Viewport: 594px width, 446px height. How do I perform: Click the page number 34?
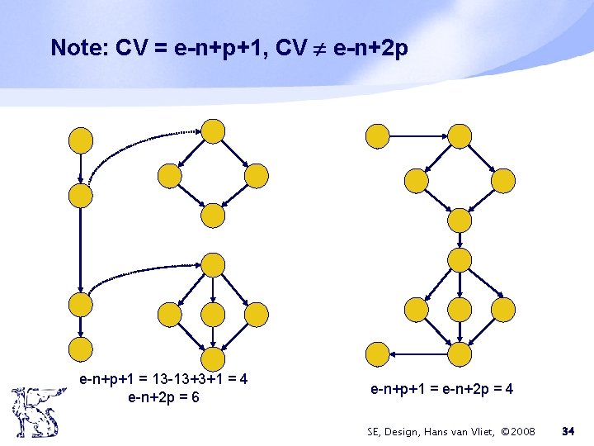coord(568,431)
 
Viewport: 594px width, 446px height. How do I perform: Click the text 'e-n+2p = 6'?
coord(163,397)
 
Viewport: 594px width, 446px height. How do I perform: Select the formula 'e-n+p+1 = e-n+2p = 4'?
coord(442,388)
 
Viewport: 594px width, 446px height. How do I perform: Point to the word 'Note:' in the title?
coord(79,48)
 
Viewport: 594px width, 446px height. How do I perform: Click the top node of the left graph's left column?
coord(81,140)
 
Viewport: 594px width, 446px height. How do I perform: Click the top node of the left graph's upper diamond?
coord(213,131)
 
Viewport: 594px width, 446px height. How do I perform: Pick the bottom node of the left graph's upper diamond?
coord(213,215)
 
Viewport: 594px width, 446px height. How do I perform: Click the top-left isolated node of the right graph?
coord(378,135)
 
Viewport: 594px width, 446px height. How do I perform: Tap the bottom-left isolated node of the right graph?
coord(378,353)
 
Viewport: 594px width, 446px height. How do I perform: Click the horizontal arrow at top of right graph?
coord(418,135)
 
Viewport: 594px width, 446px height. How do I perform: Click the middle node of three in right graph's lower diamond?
coord(460,309)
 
